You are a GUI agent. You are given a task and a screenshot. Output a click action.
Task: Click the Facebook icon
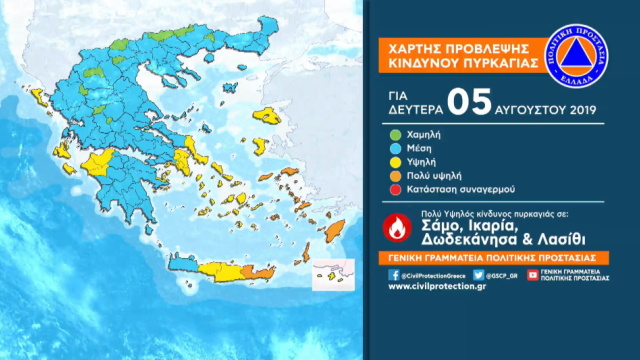(x=391, y=273)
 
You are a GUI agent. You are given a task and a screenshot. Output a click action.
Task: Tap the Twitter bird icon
(x=478, y=273)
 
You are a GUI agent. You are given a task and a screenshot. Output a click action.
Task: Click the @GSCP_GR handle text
(x=504, y=273)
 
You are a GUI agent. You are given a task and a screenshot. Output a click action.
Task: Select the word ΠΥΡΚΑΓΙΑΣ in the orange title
(x=504, y=64)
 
